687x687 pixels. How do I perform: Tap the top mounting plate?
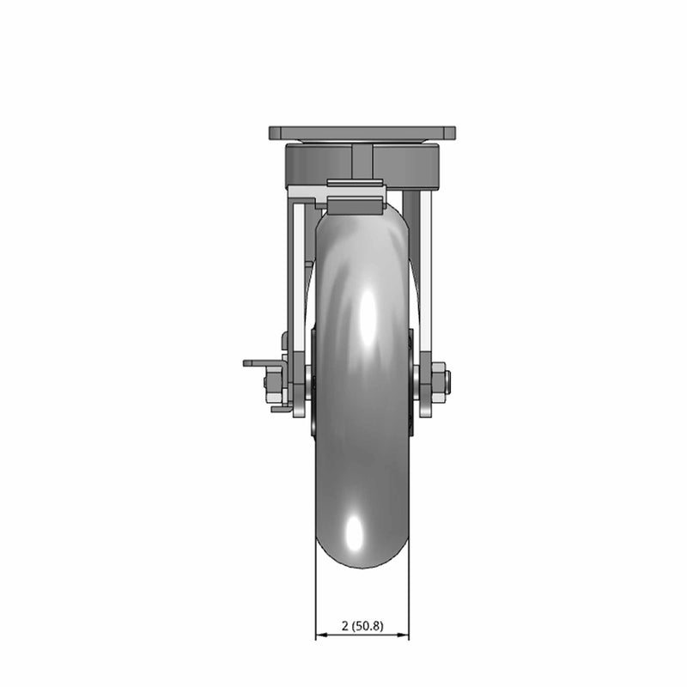click(362, 134)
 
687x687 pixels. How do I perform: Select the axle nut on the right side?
click(437, 381)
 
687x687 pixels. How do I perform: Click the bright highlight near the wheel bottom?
click(354, 537)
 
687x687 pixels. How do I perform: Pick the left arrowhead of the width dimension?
click(320, 636)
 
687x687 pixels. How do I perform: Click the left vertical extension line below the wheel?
click(316, 601)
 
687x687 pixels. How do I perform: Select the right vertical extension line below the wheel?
click(409, 601)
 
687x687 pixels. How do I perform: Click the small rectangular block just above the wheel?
click(355, 206)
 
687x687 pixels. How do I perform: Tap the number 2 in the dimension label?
click(344, 626)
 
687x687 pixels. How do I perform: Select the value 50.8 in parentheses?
click(368, 626)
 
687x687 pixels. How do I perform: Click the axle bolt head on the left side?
click(274, 383)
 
